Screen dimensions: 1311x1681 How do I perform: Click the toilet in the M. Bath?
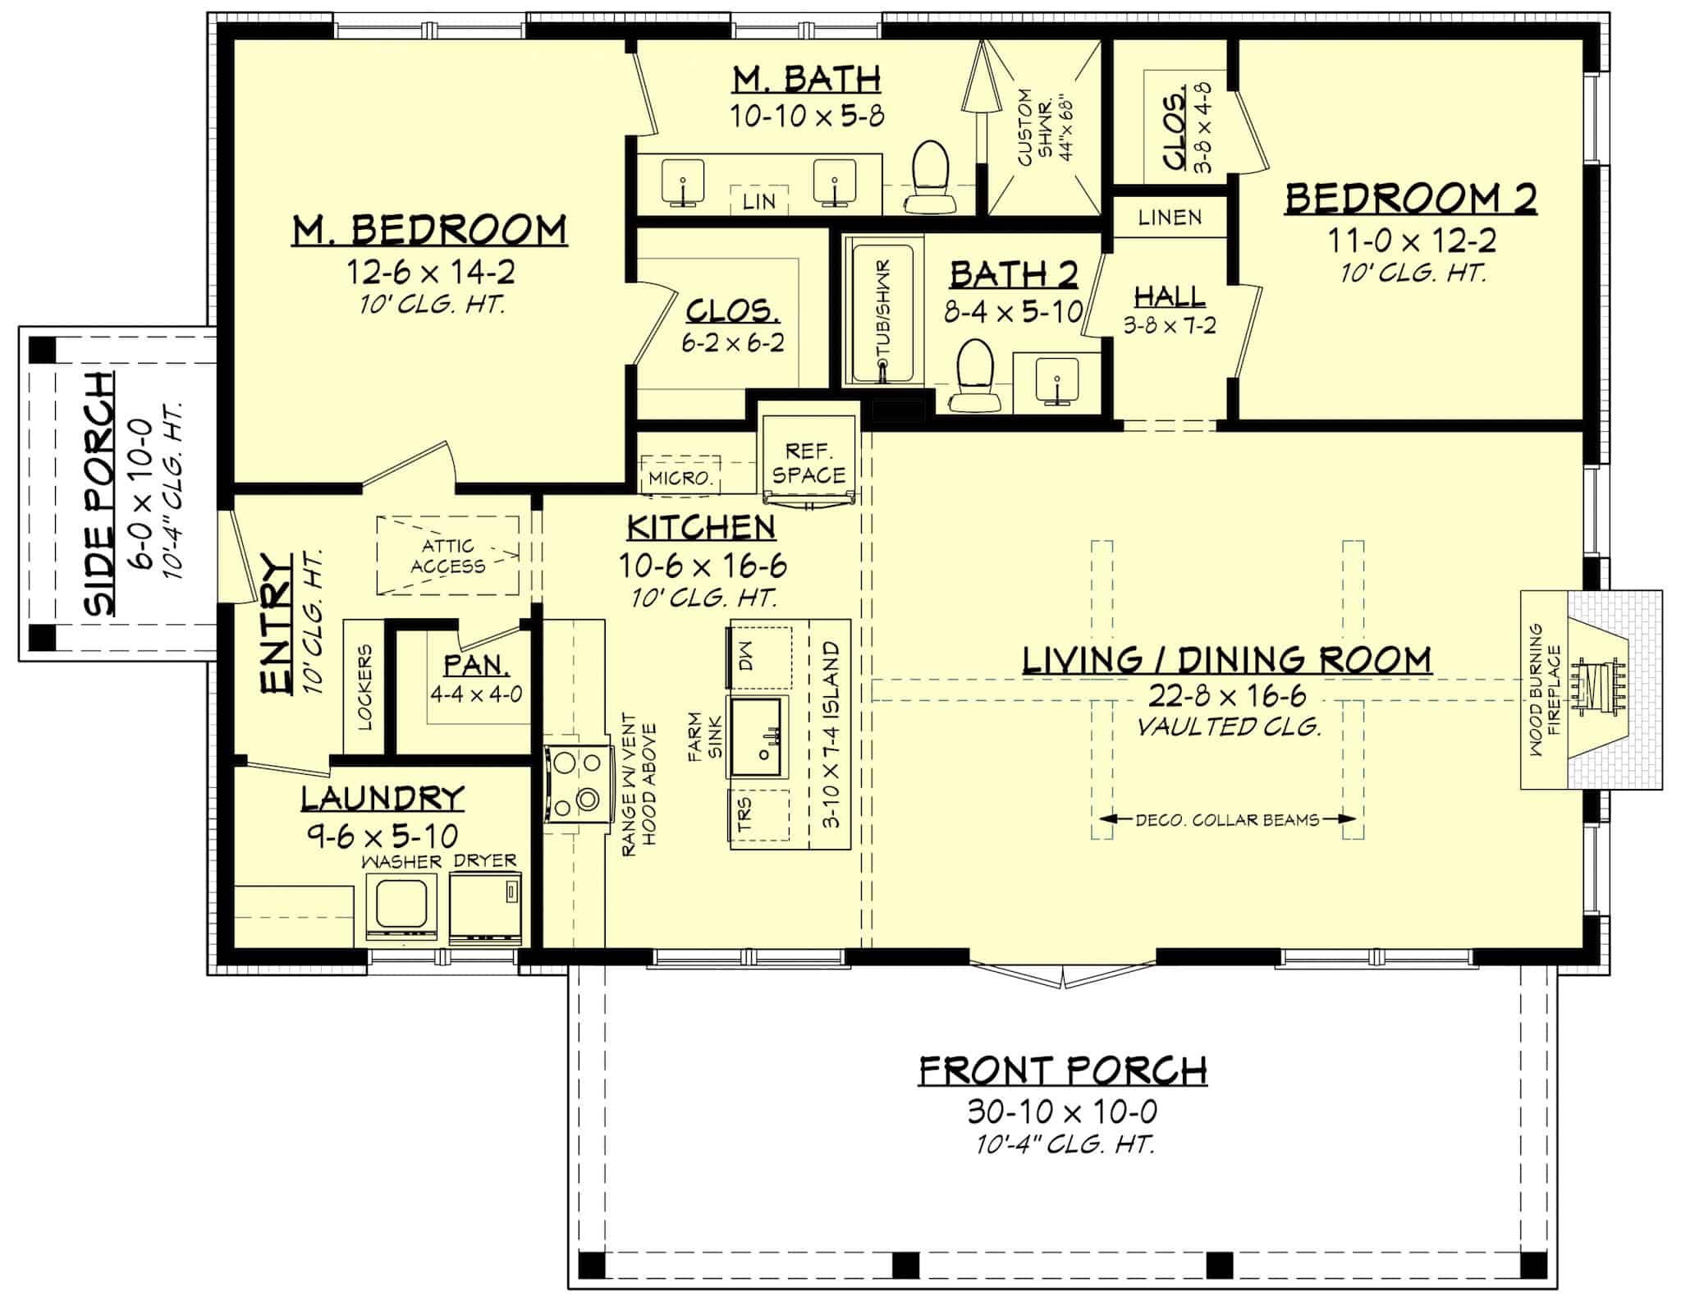[x=931, y=178]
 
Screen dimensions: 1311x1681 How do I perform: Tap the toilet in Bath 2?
[x=976, y=378]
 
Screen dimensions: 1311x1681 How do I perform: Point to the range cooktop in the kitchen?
[x=578, y=782]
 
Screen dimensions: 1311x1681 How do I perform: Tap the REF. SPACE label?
[x=808, y=463]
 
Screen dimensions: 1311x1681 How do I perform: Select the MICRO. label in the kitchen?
[x=680, y=478]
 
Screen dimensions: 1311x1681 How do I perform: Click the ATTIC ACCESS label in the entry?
[x=447, y=556]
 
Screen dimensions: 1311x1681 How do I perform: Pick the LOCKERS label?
[x=365, y=687]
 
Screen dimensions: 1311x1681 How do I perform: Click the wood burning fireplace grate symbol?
[x=1596, y=689]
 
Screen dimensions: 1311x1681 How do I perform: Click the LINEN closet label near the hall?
[x=1170, y=218]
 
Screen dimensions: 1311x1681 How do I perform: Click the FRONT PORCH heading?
[x=1062, y=1070]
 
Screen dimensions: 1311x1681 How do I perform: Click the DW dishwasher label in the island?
[x=744, y=657]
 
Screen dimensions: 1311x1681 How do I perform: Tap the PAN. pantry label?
[x=476, y=664]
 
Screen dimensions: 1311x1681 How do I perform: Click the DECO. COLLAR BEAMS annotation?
[x=1228, y=819]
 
